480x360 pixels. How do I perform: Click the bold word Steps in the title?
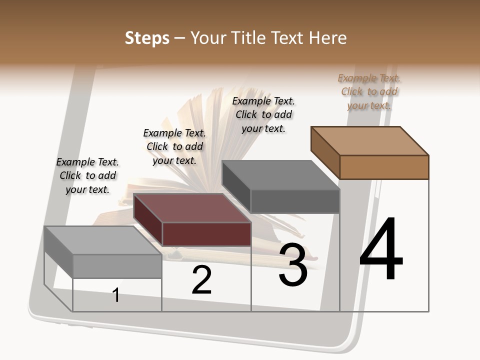147,38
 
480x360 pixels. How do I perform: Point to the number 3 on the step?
293,265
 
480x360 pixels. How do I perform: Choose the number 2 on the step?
201,280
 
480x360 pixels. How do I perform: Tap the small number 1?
116,295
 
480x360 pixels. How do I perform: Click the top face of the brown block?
370,140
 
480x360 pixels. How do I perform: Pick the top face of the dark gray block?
281,175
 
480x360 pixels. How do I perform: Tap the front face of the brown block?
384,167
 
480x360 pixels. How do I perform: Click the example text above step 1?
87,175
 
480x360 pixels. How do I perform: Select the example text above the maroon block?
174,146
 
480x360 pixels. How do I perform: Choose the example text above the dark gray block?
263,114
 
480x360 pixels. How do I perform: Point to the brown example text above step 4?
369,91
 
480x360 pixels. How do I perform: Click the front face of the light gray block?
117,266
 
